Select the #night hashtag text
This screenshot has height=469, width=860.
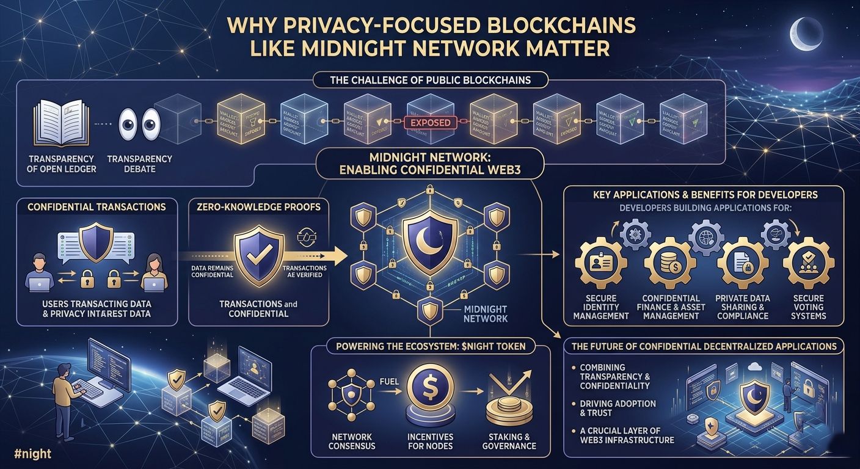(32, 454)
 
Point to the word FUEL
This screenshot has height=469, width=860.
(389, 382)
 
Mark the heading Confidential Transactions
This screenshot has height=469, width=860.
(97, 207)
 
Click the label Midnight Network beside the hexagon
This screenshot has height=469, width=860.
(485, 314)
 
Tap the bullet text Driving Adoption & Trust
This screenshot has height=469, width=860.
(618, 409)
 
